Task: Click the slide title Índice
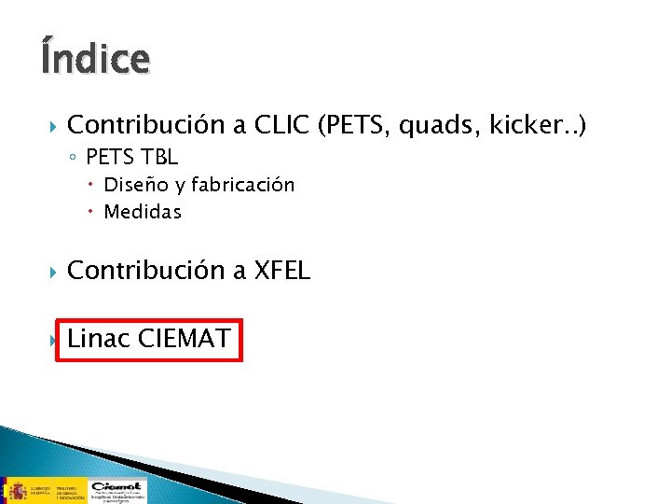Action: pos(94,58)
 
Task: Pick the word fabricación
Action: pos(244,185)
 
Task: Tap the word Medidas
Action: pos(143,212)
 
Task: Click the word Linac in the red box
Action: pos(99,338)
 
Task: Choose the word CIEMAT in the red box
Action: pos(184,338)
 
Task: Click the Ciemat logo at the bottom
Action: pos(116,490)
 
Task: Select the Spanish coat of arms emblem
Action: pos(17,489)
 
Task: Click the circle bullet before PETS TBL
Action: pos(75,158)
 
